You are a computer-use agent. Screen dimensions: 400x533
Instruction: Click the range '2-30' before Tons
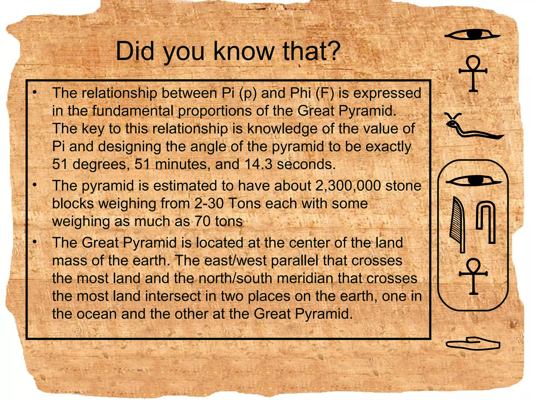pos(209,203)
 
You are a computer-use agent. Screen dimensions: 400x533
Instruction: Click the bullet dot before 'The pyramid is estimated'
pos(34,185)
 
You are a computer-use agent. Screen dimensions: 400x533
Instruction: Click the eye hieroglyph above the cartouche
pos(472,35)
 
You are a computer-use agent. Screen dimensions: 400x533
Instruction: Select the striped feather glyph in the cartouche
pos(458,224)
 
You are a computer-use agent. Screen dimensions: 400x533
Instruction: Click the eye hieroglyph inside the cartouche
pos(474,180)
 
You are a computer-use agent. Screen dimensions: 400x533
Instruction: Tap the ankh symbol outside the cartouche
pos(473,73)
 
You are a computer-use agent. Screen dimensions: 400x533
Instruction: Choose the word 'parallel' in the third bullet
pos(294,260)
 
